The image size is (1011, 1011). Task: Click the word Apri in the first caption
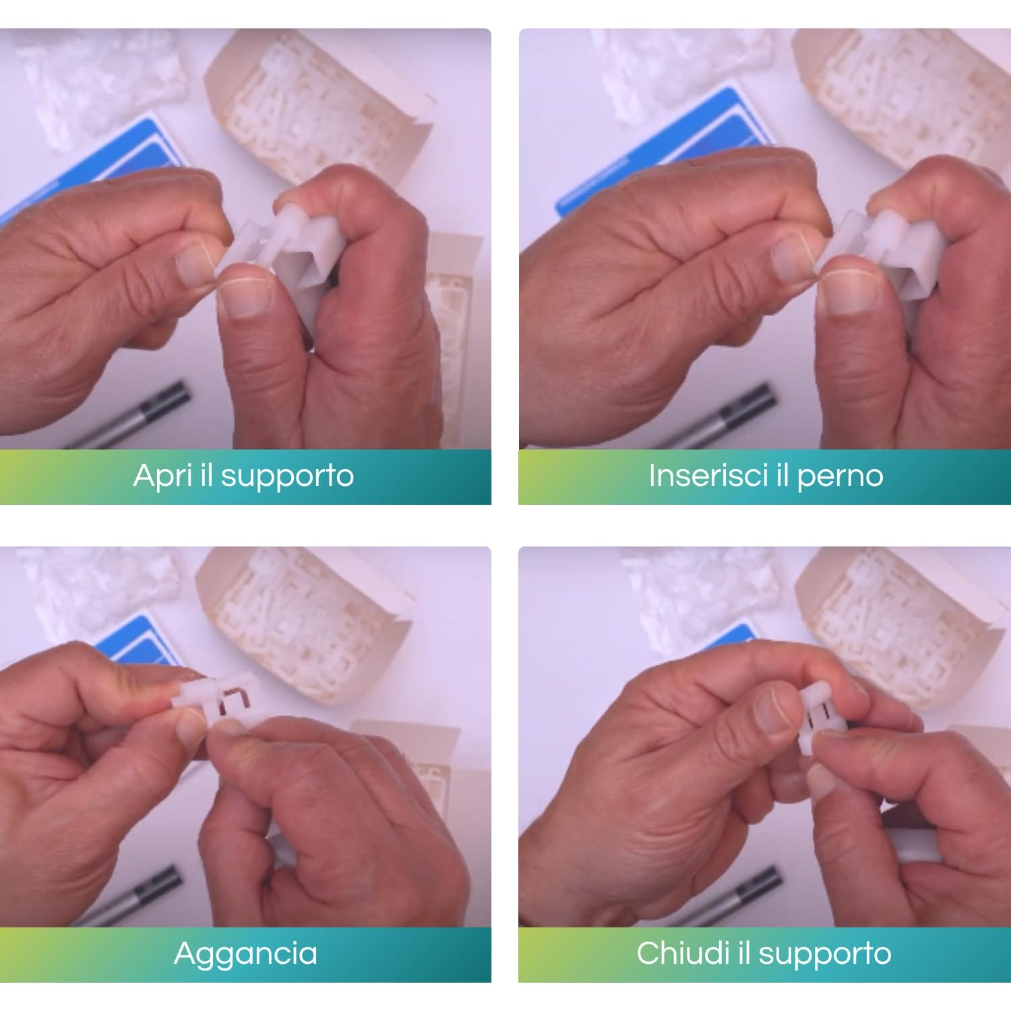[x=160, y=477]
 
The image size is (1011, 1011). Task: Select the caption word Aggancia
[x=245, y=954]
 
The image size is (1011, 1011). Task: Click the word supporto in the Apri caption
[x=287, y=477]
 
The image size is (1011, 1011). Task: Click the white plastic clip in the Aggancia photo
[x=216, y=698]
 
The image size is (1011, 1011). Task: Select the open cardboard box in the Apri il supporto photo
[x=324, y=108]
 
